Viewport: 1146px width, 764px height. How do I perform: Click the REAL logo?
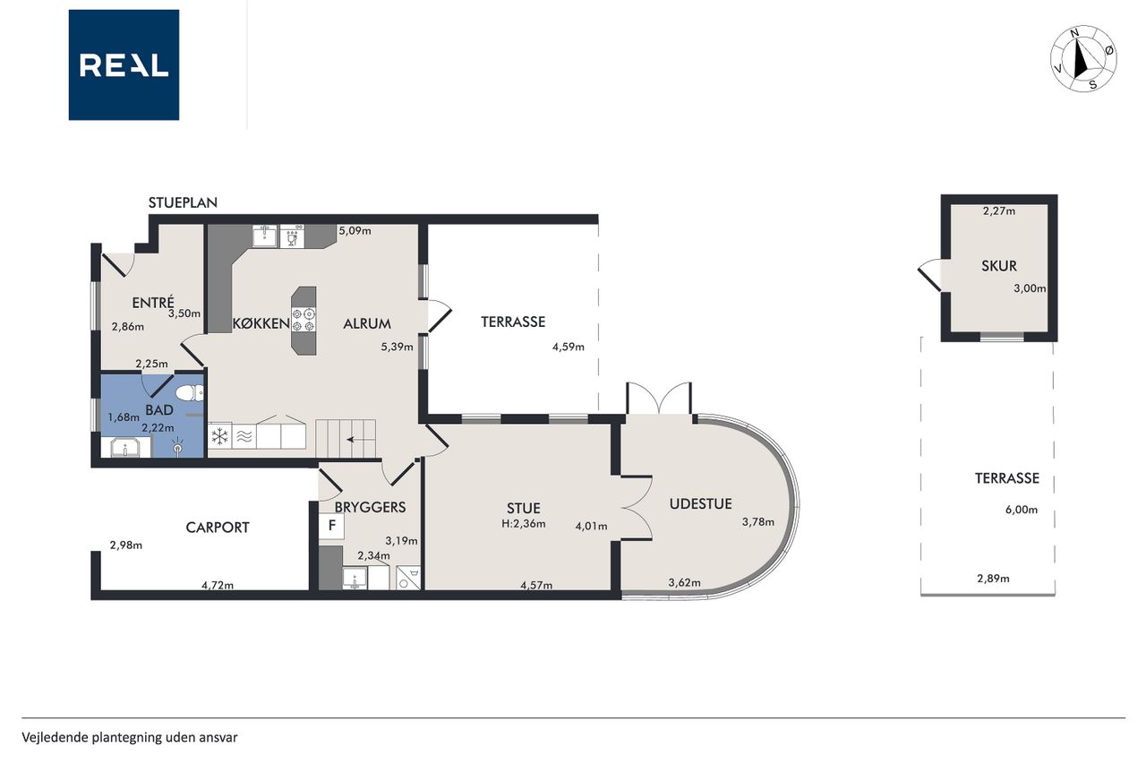tap(124, 65)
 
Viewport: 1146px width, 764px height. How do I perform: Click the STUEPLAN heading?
tap(183, 202)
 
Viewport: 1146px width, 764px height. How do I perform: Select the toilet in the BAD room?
tap(189, 393)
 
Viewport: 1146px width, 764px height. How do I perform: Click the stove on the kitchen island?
tap(304, 320)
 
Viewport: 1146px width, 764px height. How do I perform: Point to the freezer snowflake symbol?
tap(220, 436)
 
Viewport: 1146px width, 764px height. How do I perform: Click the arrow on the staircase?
tap(358, 439)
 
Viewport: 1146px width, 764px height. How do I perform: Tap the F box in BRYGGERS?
tap(331, 525)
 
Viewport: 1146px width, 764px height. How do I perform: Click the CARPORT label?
tap(218, 528)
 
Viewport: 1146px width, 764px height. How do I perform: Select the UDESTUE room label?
tap(700, 504)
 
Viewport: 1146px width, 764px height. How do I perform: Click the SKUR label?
tap(999, 266)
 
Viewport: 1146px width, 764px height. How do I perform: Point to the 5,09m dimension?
tap(355, 231)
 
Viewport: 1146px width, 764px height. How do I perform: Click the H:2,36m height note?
tap(524, 524)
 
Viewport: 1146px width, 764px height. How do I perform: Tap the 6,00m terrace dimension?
tap(1022, 510)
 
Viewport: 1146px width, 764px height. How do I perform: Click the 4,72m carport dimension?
tap(218, 585)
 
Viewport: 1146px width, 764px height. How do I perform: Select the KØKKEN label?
tap(261, 324)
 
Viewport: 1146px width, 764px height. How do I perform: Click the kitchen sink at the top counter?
tap(265, 236)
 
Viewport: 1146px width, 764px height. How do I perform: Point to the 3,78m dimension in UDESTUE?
tap(758, 522)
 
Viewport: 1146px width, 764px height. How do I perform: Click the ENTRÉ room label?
tap(153, 303)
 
